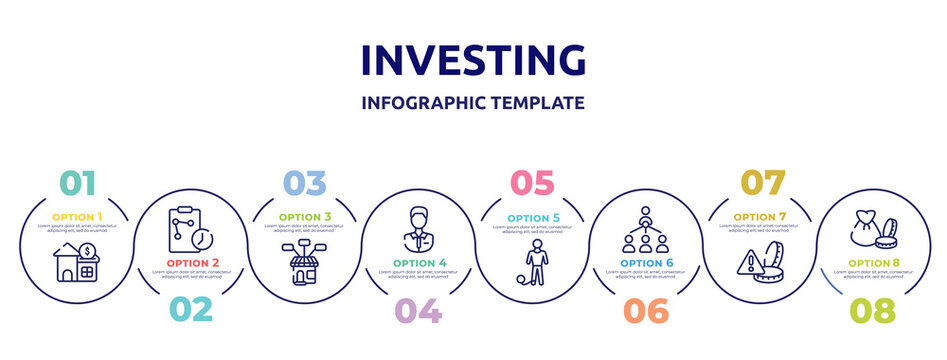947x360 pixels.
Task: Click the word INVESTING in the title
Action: pyautogui.click(x=473, y=60)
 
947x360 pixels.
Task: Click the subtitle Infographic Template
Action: pyautogui.click(x=473, y=102)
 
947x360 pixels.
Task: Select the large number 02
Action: pyautogui.click(x=190, y=309)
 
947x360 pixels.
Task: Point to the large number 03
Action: pyautogui.click(x=304, y=184)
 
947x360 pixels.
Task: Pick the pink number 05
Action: pyautogui.click(x=532, y=184)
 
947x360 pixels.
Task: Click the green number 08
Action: pyautogui.click(x=872, y=310)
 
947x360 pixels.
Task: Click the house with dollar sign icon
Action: pyautogui.click(x=77, y=264)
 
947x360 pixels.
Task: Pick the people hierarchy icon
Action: pyautogui.click(x=646, y=229)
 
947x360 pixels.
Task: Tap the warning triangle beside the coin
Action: pyautogui.click(x=746, y=263)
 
